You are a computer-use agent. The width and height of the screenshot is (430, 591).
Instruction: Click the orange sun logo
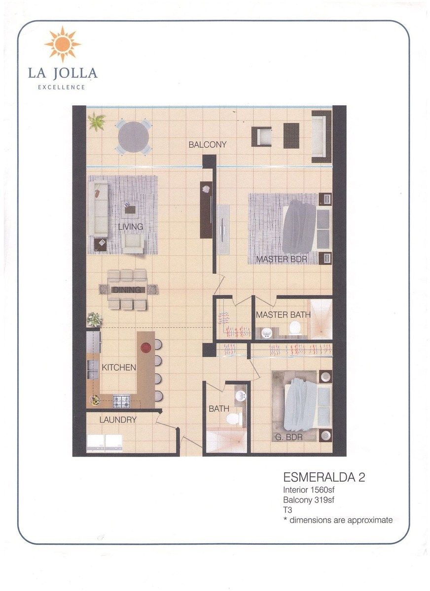tap(63, 44)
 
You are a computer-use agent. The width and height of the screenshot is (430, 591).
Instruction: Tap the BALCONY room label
tap(207, 145)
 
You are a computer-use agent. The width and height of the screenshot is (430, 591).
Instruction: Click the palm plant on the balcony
tap(97, 122)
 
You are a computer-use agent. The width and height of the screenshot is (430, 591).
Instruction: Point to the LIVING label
tap(131, 227)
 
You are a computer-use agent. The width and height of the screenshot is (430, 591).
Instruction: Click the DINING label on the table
tap(127, 290)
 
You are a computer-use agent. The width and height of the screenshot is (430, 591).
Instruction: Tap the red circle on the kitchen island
tap(145, 348)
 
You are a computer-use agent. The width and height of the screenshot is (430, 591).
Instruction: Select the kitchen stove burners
tap(121, 401)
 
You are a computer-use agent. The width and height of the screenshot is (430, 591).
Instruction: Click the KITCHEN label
tap(118, 367)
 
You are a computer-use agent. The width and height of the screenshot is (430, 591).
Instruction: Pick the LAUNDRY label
tap(118, 420)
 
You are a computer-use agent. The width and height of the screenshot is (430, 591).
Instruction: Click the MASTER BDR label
tap(282, 259)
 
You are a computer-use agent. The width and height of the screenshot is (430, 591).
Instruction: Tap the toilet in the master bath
tap(295, 328)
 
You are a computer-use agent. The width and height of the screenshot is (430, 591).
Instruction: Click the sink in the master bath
tap(266, 333)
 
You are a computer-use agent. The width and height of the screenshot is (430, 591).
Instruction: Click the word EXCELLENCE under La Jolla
tap(62, 87)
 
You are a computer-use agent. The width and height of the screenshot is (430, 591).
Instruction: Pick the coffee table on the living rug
tap(130, 210)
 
